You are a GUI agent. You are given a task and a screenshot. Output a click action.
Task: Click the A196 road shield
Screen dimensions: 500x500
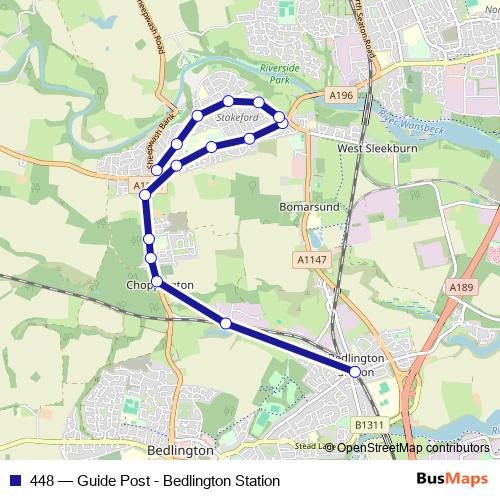pyautogui.click(x=341, y=95)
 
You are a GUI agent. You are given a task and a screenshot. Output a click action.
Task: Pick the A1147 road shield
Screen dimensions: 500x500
pyautogui.click(x=310, y=259)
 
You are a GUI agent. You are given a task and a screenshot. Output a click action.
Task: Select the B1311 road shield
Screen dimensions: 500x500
pyautogui.click(x=369, y=425)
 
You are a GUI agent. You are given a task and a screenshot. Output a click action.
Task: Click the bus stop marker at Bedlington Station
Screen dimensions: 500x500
pyautogui.click(x=355, y=372)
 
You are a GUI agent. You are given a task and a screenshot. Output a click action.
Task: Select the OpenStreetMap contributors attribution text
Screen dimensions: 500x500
pyautogui.click(x=413, y=447)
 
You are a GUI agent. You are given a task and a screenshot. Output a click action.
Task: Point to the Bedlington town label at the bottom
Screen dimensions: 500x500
pyautogui.click(x=180, y=450)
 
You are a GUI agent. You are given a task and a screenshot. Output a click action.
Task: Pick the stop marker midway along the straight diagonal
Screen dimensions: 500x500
pyautogui.click(x=226, y=323)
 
